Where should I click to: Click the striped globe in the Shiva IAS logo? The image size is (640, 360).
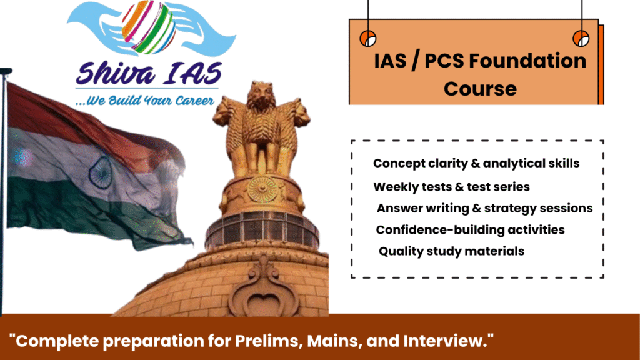pos(149,27)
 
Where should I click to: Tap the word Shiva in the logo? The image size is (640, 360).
pos(116,74)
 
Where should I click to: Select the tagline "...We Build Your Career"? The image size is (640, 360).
pos(144,101)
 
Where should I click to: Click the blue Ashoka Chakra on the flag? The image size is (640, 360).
pos(99,172)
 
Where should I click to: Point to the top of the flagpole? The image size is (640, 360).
pos(6,71)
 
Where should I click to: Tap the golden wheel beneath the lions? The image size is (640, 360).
pos(262,189)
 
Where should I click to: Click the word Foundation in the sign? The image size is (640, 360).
pos(527,61)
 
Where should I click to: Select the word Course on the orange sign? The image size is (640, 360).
pos(481,89)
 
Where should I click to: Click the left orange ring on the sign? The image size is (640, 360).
pos(367,39)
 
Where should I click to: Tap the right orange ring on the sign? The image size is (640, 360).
pos(581,39)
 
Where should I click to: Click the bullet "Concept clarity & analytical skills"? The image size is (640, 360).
pos(476,163)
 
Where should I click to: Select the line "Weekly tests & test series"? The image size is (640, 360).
pos(451,187)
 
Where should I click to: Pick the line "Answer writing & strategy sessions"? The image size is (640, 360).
pos(484,209)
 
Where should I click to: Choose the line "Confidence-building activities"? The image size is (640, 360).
pos(470,230)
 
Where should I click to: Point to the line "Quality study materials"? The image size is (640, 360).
pos(451,251)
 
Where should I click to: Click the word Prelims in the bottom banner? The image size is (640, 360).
pos(269,341)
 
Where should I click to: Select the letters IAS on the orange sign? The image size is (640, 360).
pos(390,61)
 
